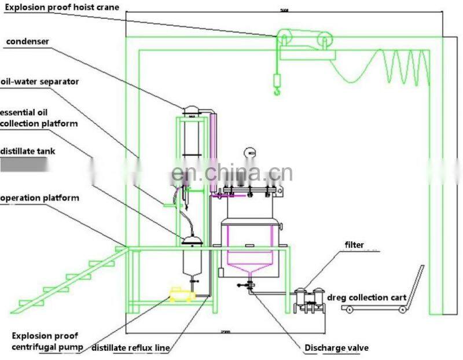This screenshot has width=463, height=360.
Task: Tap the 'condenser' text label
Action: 28,42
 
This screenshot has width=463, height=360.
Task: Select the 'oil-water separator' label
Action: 39,82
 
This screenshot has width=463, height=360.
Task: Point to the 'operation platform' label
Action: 39,198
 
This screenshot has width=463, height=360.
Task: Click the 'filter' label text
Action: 354,245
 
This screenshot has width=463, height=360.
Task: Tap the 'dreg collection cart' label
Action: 373,297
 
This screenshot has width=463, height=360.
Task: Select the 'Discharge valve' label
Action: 336,348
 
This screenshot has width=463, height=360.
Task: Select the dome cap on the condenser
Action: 191,109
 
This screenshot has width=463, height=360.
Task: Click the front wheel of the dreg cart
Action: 349,311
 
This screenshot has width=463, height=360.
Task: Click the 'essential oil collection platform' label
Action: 39,117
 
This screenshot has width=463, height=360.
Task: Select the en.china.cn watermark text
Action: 231,172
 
